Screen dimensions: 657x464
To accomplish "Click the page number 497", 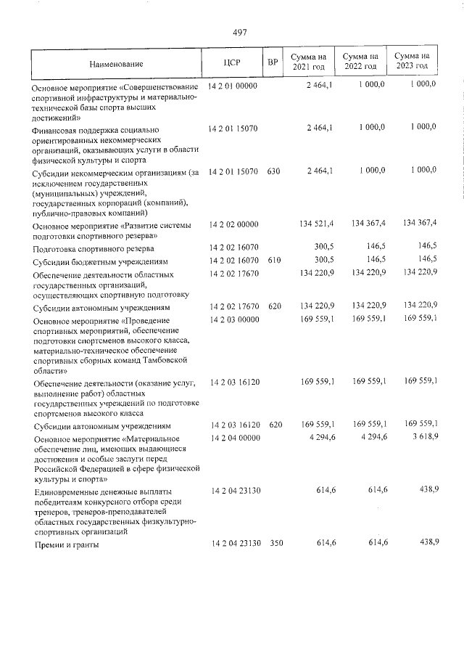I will tap(240, 33).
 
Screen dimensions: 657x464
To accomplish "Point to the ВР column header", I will tap(273, 62).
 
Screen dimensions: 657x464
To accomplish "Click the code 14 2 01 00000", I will tap(233, 86).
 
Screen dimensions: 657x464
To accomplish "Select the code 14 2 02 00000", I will tap(233, 225).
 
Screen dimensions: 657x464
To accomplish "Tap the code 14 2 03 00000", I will tap(233, 319).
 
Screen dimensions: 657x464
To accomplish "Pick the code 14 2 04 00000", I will tap(233, 438).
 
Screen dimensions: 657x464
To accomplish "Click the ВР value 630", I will tap(273, 171).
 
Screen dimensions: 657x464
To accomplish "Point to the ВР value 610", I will tap(273, 260).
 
